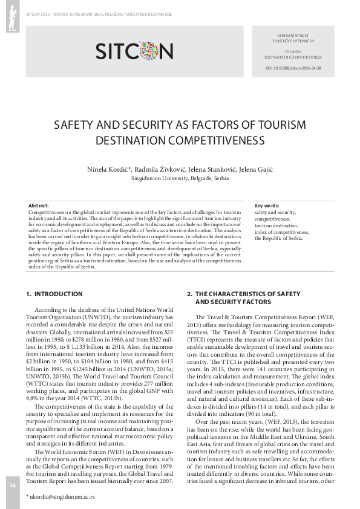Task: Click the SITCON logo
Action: click(x=134, y=50)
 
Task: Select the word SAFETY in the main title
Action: click(x=77, y=125)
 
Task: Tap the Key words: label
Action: click(x=267, y=206)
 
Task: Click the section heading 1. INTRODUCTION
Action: click(x=54, y=294)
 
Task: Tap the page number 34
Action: click(x=11, y=485)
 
